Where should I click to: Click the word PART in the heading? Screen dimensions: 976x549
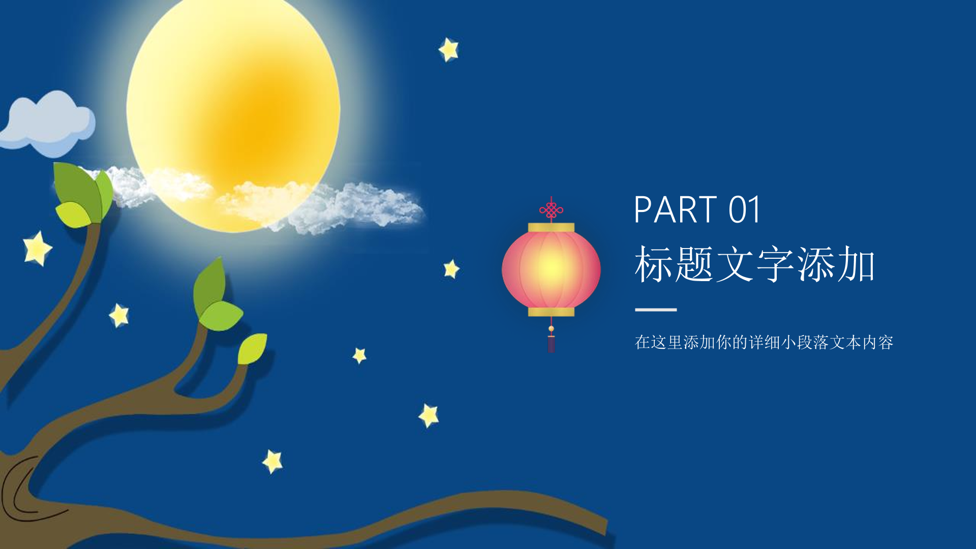tap(676, 209)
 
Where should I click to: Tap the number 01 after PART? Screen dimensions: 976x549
tap(744, 209)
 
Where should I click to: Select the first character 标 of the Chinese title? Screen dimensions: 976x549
tap(654, 264)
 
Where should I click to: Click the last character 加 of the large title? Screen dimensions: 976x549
tap(856, 264)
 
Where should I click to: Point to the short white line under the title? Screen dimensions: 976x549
tap(656, 309)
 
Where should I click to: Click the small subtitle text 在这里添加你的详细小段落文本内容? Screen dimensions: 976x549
tap(764, 342)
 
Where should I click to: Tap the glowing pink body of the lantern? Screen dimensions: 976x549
tap(551, 269)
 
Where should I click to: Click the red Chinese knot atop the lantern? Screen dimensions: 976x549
tap(551, 209)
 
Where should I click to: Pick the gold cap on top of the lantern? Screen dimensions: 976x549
tap(551, 227)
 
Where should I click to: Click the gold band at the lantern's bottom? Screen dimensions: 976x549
tap(551, 312)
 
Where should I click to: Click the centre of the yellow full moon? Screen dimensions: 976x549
tap(233, 114)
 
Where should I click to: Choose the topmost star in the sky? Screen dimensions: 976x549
tap(449, 50)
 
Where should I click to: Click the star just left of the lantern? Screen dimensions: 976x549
tap(451, 269)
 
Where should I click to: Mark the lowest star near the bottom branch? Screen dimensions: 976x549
tap(273, 462)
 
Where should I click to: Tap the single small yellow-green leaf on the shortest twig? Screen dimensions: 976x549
tap(252, 349)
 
